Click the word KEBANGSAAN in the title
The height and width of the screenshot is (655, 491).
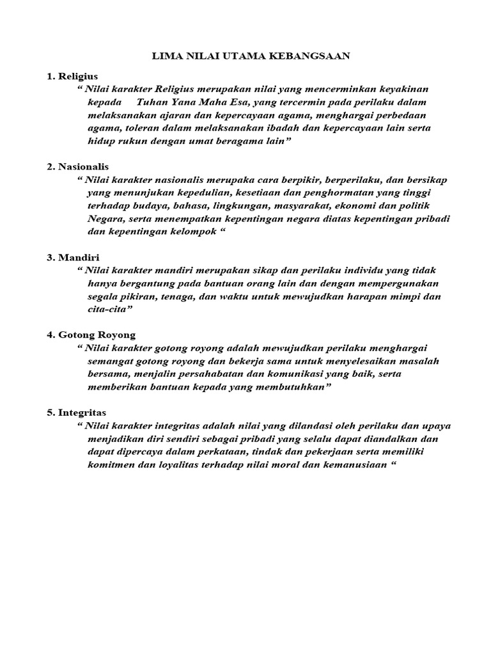[312, 56]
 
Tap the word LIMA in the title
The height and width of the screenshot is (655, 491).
[164, 56]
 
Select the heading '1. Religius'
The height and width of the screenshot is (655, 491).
[72, 76]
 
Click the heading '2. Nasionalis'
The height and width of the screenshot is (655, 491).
[77, 166]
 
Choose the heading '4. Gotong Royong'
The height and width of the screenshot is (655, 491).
[91, 335]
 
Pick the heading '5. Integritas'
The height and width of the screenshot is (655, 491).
[77, 413]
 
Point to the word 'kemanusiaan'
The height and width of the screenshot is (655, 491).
[354, 465]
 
